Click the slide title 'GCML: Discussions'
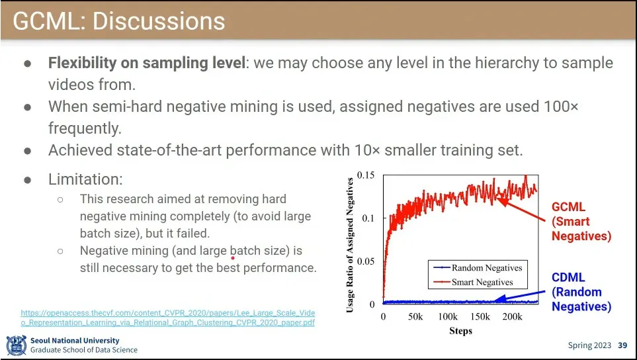pos(119,21)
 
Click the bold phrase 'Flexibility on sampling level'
pos(146,64)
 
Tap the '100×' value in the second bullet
pos(561,107)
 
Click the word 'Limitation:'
pos(85,179)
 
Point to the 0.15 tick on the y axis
pos(366,175)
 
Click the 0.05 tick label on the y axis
pos(366,261)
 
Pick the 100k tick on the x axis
pos(448,317)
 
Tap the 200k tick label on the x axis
pos(512,317)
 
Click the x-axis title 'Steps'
pos(460,331)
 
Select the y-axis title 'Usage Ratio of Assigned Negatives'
pos(351,244)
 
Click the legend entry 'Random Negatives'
pos(486,268)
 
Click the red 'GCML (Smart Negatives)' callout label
pos(581,221)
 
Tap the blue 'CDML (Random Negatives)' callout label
pos(581,292)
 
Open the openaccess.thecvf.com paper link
pos(168,318)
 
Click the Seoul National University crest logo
pos(16,345)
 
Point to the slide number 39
pos(622,345)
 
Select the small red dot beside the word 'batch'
pos(233,259)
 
